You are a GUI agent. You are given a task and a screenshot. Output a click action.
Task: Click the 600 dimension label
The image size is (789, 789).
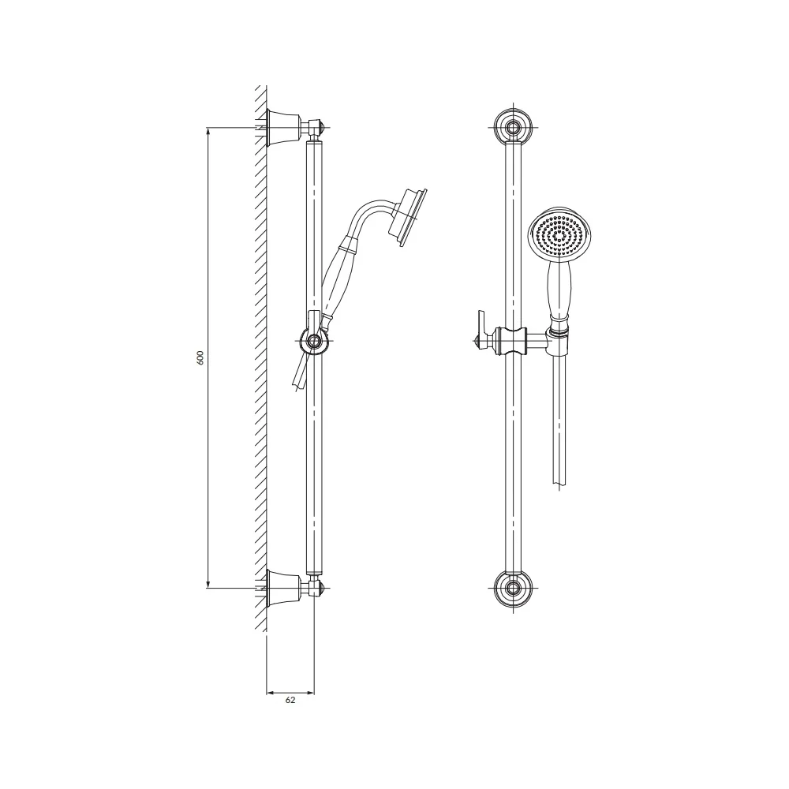tap(200, 357)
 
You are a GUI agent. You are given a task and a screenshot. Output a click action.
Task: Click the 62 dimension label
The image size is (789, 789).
tap(290, 700)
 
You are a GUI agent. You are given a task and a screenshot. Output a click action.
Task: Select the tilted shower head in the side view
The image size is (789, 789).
tap(408, 218)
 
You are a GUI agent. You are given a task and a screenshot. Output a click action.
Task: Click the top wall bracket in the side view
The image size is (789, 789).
tap(283, 128)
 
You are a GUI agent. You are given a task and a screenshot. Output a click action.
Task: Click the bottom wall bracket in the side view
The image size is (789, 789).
tap(283, 588)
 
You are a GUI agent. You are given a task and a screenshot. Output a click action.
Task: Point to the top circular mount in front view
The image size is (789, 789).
tap(514, 127)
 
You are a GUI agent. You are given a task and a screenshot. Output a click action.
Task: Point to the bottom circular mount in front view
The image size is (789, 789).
tap(514, 588)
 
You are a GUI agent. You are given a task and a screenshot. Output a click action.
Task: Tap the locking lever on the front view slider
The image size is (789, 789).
tap(483, 330)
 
